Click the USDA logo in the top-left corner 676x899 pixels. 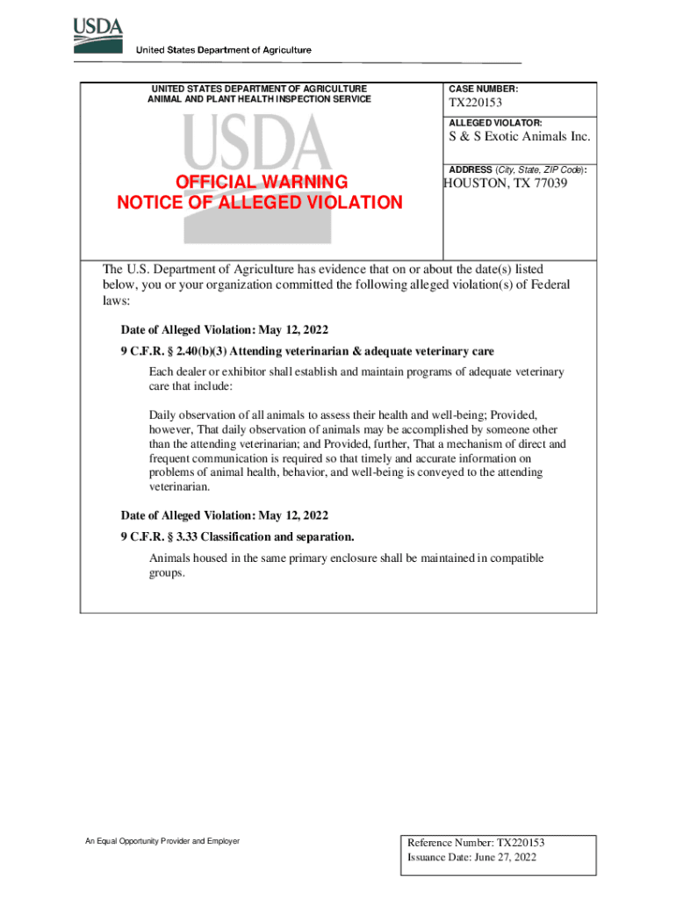98,32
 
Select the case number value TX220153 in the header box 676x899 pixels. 476,105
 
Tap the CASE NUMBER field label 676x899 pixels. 483,90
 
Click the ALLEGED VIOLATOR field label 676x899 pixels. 495,123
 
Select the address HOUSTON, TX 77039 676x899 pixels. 506,183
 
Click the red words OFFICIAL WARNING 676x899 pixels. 262,182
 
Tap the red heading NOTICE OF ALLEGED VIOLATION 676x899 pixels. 260,203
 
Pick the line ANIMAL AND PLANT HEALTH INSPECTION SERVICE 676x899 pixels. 259,99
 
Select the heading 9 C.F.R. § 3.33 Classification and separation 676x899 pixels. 237,536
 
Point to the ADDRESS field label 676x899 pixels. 471,169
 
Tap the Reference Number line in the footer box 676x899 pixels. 482,842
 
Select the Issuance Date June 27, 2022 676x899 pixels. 471,858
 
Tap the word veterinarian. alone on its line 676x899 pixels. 180,486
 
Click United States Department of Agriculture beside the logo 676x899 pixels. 223,50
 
